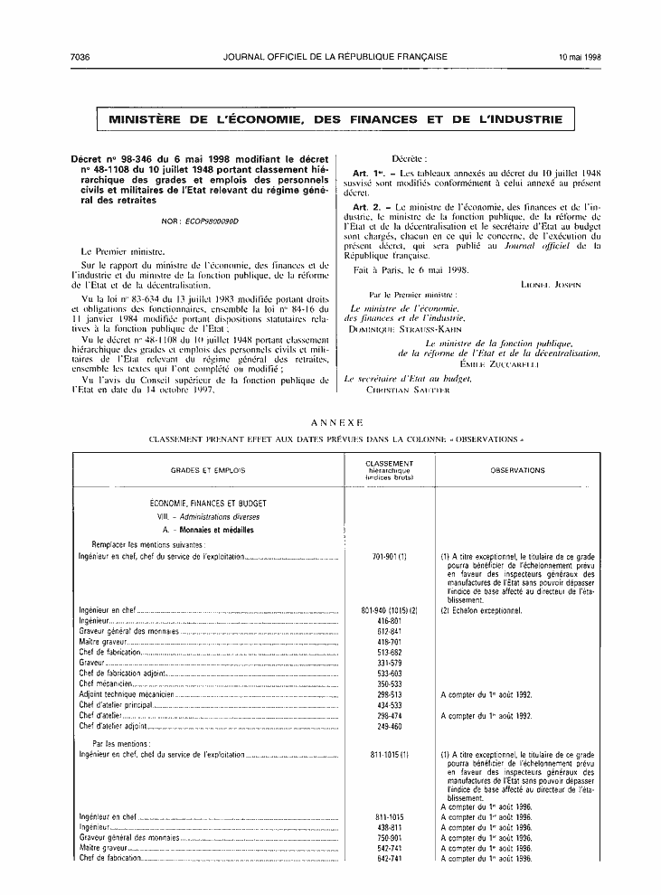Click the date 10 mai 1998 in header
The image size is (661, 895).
[579, 56]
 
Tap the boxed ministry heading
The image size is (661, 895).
[335, 119]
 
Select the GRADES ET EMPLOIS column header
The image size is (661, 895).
[208, 470]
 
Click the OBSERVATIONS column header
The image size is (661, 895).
[517, 470]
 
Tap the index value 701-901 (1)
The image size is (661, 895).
[390, 557]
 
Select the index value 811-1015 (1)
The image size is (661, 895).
[390, 753]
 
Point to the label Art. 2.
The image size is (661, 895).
[365, 208]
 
